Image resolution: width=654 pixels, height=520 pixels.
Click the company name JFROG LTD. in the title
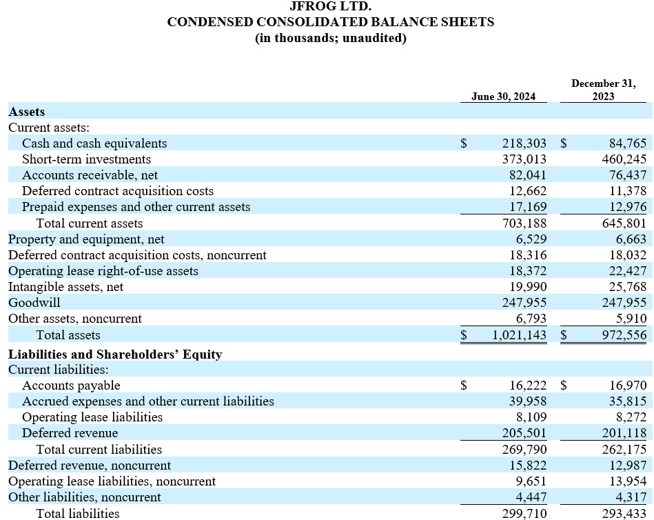tap(331, 6)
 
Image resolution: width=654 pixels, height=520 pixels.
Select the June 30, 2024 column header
tap(503, 97)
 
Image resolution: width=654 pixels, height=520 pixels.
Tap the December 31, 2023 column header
tap(604, 90)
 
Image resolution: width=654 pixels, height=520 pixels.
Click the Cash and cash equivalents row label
tap(94, 143)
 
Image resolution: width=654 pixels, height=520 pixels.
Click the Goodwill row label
tap(34, 303)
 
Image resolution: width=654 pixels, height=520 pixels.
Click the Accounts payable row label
tap(71, 386)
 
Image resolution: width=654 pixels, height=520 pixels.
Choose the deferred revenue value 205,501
tap(524, 433)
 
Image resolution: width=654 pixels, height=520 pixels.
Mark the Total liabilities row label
tap(78, 513)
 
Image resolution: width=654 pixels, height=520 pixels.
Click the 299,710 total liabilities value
tap(524, 513)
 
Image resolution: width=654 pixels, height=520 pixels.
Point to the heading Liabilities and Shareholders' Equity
tap(115, 354)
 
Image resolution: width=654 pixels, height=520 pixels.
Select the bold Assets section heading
tap(27, 111)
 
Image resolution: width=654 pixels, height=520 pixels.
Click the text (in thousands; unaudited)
tap(331, 38)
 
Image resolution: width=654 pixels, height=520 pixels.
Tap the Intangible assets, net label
tap(65, 287)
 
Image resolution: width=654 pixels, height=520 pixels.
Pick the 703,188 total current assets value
tap(524, 223)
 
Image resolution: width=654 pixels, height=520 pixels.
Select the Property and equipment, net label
tap(86, 239)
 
